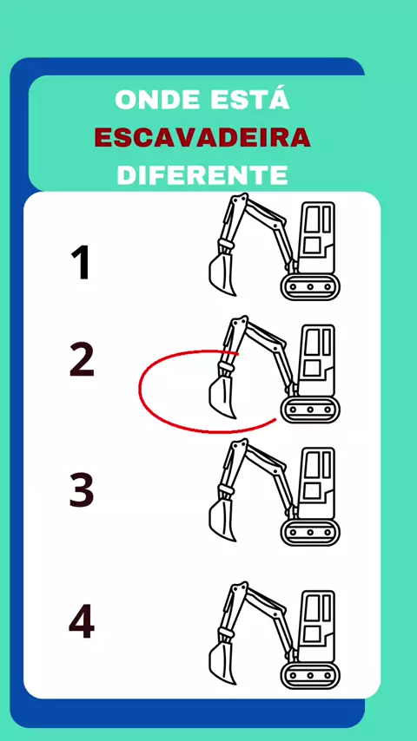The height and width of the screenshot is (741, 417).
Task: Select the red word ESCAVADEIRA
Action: [x=202, y=137]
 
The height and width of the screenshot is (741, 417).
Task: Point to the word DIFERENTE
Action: [x=202, y=174]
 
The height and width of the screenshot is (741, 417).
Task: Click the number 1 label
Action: [x=81, y=263]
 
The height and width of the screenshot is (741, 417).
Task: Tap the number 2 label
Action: [x=82, y=360]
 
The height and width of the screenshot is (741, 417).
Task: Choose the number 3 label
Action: [x=82, y=491]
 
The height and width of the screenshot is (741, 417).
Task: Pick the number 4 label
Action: [x=82, y=622]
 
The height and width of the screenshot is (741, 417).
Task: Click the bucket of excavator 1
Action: [x=222, y=274]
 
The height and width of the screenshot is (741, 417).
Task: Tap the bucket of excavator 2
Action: [x=222, y=397]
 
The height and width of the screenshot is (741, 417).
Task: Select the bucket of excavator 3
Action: [x=222, y=521]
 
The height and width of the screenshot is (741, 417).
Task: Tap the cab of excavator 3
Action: [x=317, y=483]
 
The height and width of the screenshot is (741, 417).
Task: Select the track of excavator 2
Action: [x=310, y=410]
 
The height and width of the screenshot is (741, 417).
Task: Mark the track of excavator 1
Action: [x=310, y=286]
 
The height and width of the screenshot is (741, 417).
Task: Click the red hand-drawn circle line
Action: [x=140, y=389]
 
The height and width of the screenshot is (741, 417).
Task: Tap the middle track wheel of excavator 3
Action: [x=310, y=533]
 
